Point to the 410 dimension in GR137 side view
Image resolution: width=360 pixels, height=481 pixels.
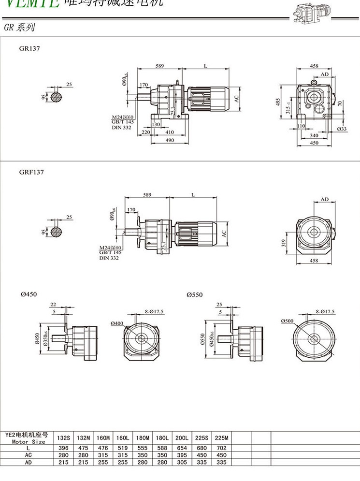pos(169,132)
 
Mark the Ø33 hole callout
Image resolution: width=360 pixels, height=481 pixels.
pos(342,129)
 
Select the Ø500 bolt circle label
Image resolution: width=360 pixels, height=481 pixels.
pos(287,321)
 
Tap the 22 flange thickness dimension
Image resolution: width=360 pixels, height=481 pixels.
pos(53,305)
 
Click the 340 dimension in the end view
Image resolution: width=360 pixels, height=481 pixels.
pos(315,136)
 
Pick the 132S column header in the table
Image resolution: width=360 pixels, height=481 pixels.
pos(64,438)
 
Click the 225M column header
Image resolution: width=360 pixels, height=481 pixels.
pos(221,438)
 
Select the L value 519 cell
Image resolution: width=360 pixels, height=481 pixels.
pos(122,448)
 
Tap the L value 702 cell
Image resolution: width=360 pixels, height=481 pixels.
pos(221,448)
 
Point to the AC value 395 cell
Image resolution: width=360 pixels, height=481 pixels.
pos(182,455)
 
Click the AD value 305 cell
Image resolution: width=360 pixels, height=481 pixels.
pos(182,462)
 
